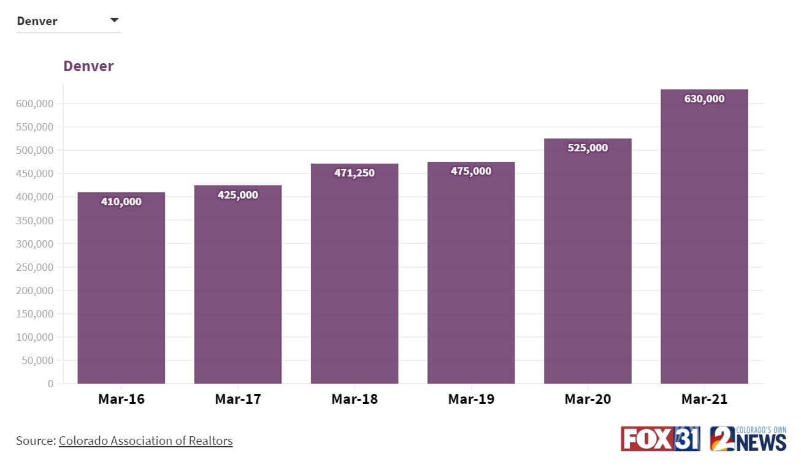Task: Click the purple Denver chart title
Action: point(88,66)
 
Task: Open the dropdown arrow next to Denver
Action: point(114,20)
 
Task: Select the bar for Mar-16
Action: point(121,288)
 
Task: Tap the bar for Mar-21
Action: point(704,245)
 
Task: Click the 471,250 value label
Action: point(355,173)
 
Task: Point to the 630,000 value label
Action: point(704,99)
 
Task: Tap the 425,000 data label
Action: point(238,195)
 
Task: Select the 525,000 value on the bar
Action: point(588,148)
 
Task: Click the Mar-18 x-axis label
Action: point(355,400)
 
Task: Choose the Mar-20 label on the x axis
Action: point(588,400)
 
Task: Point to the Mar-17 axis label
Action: point(238,400)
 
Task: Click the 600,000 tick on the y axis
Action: point(34,104)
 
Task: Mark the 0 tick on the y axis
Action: point(50,384)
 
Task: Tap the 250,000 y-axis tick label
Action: point(34,267)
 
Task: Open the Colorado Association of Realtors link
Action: point(146,441)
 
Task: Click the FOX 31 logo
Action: point(660,439)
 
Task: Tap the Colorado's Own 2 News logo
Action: point(748,439)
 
